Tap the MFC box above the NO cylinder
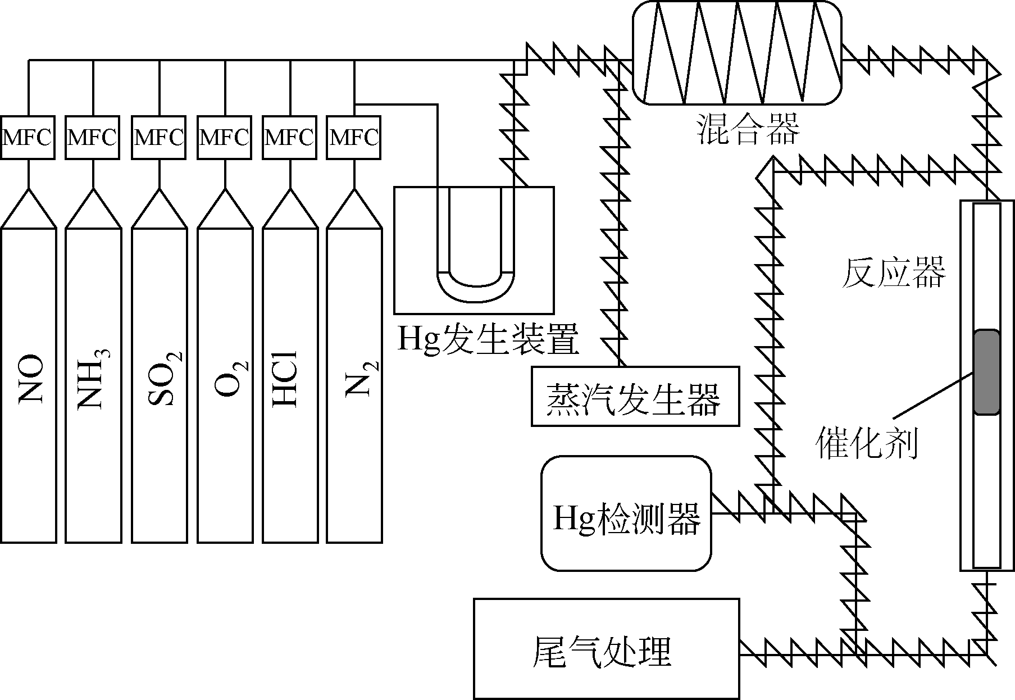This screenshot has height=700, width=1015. [x=28, y=137]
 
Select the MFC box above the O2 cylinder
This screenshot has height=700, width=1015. [x=225, y=137]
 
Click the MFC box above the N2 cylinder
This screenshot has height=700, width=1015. [x=354, y=137]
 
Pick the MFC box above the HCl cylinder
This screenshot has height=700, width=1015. [x=290, y=137]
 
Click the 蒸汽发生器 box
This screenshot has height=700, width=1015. [x=635, y=397]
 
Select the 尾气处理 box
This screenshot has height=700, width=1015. [x=606, y=649]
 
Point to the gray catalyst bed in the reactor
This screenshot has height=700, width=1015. [x=986, y=372]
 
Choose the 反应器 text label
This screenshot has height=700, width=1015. [x=893, y=274]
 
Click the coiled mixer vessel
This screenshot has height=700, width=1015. [x=737, y=52]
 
